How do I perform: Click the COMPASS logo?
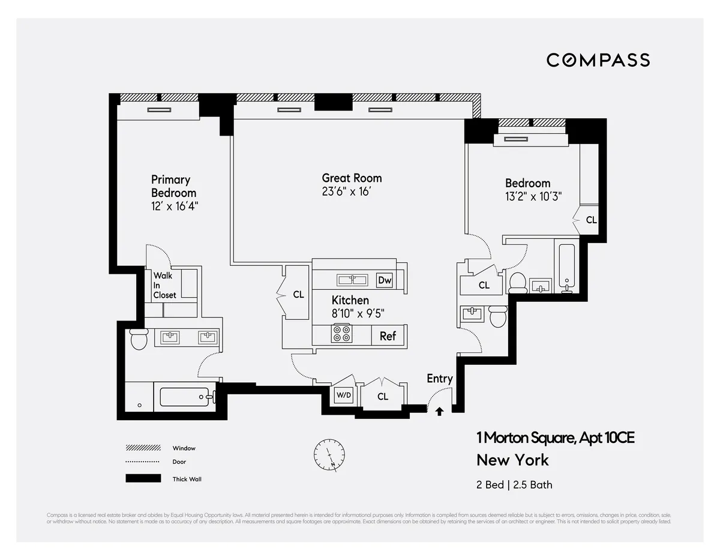598,60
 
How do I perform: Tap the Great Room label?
352,178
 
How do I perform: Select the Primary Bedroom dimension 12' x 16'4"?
175,206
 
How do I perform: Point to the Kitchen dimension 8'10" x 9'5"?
358,313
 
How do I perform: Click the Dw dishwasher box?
384,280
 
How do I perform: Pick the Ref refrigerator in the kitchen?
388,336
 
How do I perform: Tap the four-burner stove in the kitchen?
342,334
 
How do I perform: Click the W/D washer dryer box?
344,396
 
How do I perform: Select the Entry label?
439,378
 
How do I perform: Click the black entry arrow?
439,411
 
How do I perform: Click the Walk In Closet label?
164,285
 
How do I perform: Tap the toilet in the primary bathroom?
139,339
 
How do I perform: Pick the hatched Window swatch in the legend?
143,448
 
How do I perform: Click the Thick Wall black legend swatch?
143,478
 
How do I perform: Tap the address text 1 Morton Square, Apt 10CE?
555,438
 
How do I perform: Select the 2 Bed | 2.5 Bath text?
514,484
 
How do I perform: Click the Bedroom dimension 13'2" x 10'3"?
533,197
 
